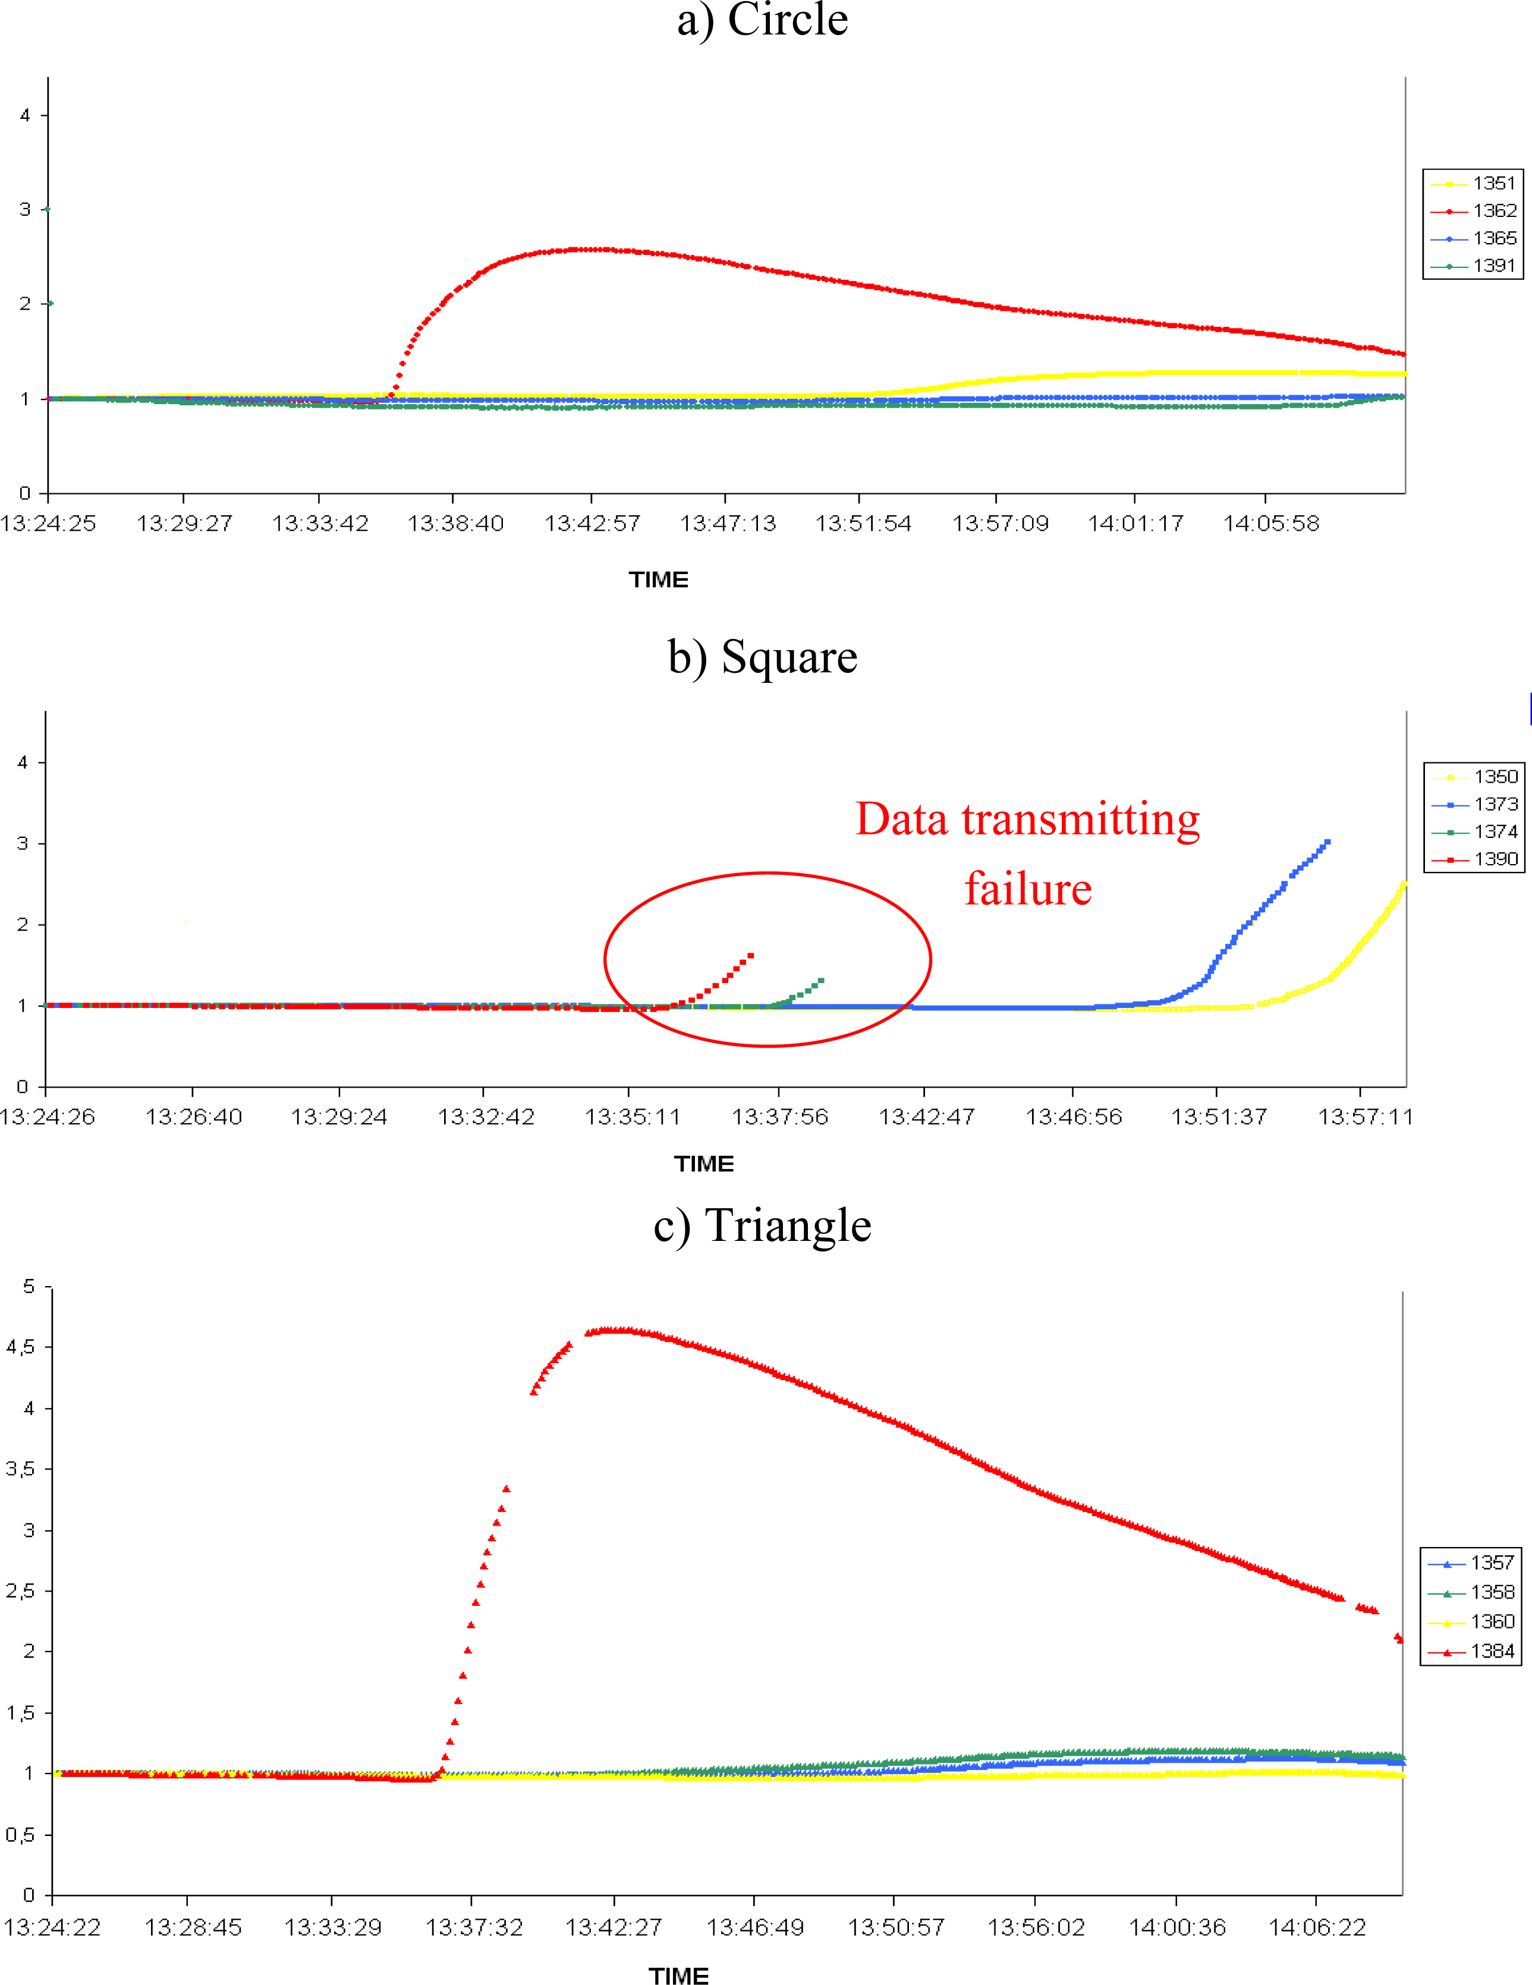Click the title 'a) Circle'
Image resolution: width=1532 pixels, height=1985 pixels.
[x=762, y=20]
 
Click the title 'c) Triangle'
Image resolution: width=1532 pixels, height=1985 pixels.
[x=762, y=1225]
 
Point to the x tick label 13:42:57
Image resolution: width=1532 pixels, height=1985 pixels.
[x=592, y=524]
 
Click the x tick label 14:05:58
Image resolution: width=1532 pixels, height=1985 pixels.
[x=1270, y=524]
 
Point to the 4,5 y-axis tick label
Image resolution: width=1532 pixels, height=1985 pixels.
[x=20, y=1347]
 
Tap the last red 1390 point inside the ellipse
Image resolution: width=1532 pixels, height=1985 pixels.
[x=750, y=955]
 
